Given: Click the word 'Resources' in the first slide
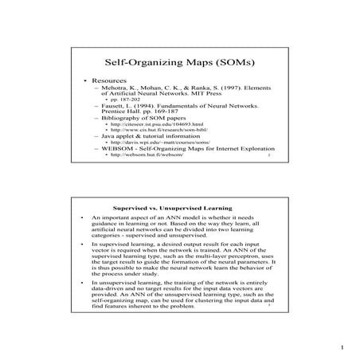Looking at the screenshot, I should tap(109, 81).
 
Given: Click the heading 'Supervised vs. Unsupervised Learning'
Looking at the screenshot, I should tap(180, 209).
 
